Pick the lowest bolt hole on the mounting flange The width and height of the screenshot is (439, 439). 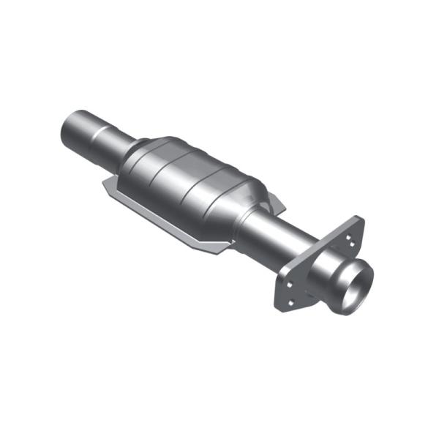pos(292,299)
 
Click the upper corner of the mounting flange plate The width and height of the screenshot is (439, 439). pos(358,219)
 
